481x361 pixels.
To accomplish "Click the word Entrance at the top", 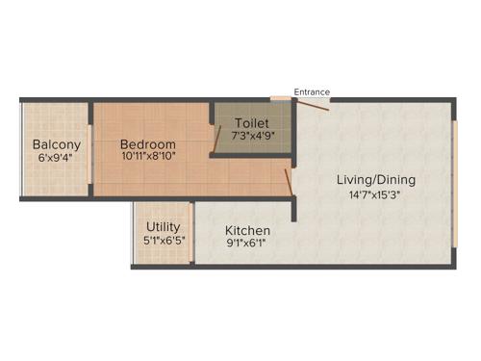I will tap(312, 92).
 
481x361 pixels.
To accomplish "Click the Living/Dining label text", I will tap(375, 179).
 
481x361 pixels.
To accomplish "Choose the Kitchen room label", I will tap(247, 231).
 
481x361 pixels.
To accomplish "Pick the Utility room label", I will tap(163, 227).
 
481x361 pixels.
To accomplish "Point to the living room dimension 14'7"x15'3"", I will tap(375, 194).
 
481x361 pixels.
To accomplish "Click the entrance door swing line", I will tap(315, 104).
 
